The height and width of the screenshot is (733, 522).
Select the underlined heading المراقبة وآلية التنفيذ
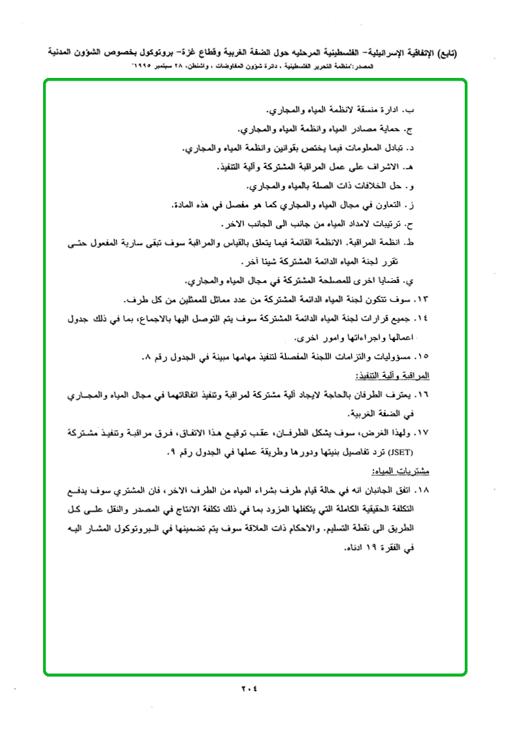(x=404, y=375)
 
